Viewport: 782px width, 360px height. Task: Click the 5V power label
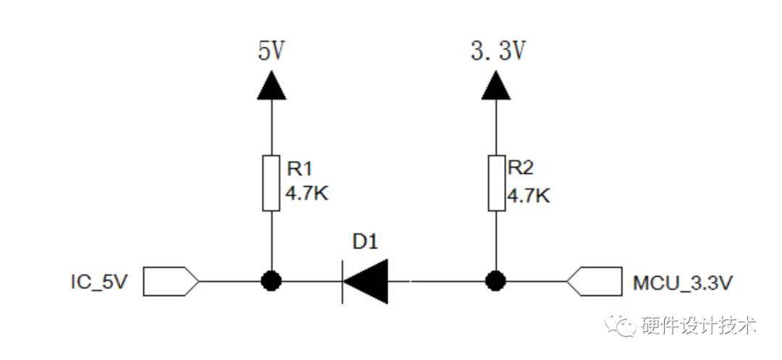tap(271, 51)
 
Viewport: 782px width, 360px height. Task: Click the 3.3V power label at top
tap(497, 51)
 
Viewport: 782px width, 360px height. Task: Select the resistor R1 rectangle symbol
tap(272, 183)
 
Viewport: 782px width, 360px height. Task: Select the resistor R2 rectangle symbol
tap(497, 183)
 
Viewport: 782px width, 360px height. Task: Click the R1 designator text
tap(299, 169)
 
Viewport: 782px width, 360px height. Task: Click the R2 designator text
tap(520, 169)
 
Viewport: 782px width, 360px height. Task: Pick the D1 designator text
tap(365, 243)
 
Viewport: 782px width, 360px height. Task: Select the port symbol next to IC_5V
tap(170, 281)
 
